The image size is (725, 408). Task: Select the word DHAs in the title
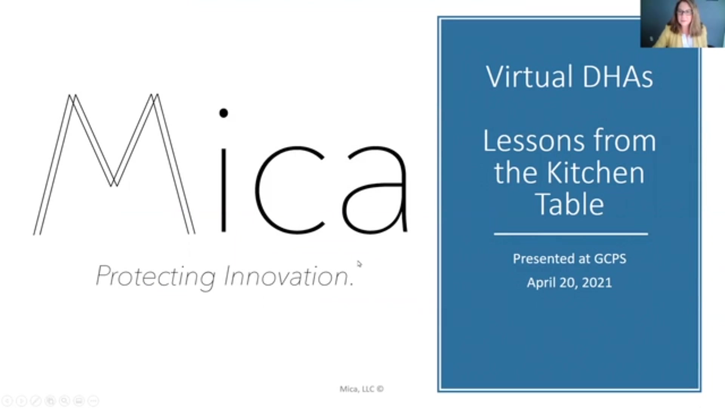coord(618,77)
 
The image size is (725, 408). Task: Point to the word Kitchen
coord(595,173)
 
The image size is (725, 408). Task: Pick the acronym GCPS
coord(610,259)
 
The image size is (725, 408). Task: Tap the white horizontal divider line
coord(571,234)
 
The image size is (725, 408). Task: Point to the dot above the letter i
coord(224,113)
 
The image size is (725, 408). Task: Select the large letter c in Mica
coord(289,190)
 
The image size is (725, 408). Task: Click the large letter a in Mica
coord(375,190)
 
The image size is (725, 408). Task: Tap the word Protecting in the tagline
coord(156,277)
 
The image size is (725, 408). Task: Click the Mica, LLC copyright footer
coord(361,389)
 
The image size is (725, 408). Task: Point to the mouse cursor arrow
coord(359,264)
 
